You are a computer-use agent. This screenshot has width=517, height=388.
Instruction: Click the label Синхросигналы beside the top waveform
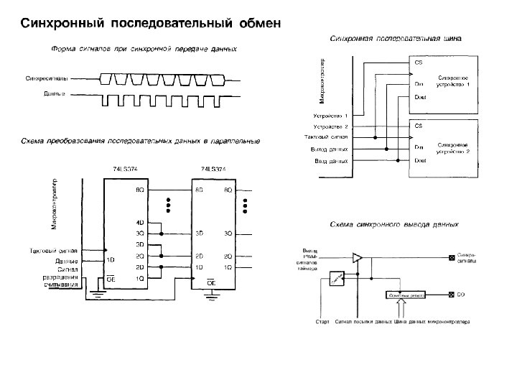(46, 77)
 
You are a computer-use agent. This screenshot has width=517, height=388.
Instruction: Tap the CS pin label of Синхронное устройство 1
(419, 62)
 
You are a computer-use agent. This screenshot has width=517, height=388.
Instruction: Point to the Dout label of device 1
(420, 97)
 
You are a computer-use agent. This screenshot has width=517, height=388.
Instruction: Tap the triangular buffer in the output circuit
(358, 257)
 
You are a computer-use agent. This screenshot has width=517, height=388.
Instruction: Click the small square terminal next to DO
(450, 295)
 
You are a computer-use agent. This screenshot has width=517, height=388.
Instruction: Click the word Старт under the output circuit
(323, 322)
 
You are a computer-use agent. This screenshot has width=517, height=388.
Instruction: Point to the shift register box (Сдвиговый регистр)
(406, 295)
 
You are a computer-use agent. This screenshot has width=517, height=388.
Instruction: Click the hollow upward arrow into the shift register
(406, 308)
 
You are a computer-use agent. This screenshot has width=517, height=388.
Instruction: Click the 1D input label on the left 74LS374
(111, 259)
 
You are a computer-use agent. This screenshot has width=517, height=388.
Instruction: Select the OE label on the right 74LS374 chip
(211, 283)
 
